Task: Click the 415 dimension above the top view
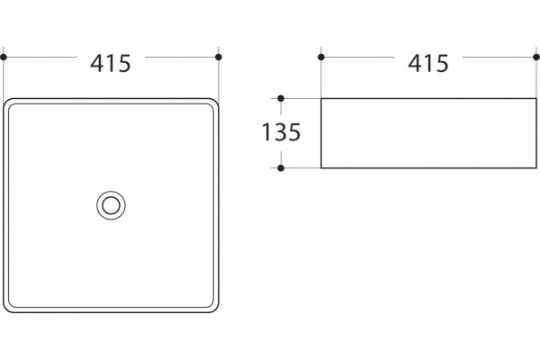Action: point(111,63)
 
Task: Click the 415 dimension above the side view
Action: point(428,63)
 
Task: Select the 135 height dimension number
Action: point(281,132)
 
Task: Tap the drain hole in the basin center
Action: point(111,206)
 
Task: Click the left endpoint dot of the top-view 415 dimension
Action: point(4,58)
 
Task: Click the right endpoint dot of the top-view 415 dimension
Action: point(219,58)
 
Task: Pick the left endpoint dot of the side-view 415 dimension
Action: point(321,58)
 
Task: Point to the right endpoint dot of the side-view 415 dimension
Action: point(536,58)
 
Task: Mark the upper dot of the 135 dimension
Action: point(281,98)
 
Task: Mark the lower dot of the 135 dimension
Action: point(281,168)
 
